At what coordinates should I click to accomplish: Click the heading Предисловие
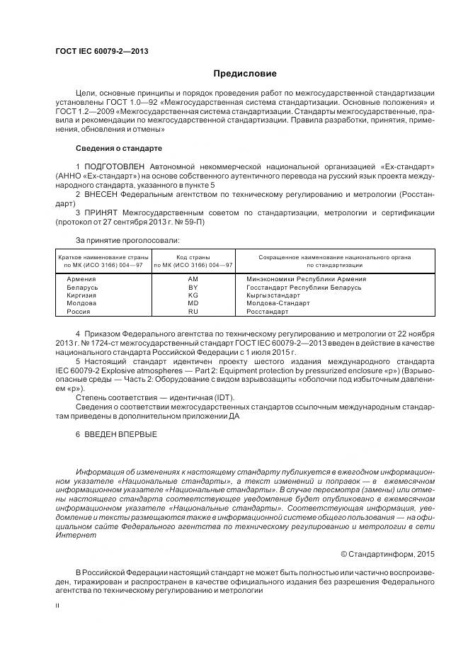coord(246,74)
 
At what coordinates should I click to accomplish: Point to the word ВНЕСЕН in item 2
coord(101,193)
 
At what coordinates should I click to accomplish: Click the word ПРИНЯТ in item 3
coord(101,212)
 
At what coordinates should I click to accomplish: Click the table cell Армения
coord(81,279)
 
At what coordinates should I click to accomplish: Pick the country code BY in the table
coord(193,287)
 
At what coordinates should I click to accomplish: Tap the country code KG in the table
coord(193,295)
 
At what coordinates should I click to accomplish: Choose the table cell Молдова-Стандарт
coord(278,303)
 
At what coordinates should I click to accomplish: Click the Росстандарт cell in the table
coord(267,312)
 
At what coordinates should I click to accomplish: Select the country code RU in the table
coord(193,312)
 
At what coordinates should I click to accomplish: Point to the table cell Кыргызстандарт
coord(273,295)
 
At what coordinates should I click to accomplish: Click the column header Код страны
coord(193,257)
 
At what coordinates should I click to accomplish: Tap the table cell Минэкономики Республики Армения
coord(305,279)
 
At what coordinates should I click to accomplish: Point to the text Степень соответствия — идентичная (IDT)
coord(154,397)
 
